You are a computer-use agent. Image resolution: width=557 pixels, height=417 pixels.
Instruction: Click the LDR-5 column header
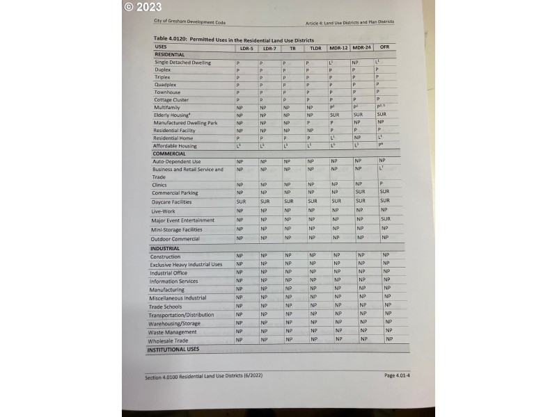tap(246, 48)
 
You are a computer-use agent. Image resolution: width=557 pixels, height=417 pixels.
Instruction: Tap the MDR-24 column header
tap(361, 47)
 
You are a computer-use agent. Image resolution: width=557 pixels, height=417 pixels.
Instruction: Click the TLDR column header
tap(315, 48)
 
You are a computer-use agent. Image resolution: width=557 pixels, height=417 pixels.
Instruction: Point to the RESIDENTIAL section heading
tap(169, 54)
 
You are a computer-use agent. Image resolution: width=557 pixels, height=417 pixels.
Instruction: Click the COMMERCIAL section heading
tap(169, 154)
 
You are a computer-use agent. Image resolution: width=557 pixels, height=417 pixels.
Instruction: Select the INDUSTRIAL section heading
tap(165, 248)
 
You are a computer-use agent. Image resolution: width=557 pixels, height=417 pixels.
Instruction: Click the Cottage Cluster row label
tap(171, 100)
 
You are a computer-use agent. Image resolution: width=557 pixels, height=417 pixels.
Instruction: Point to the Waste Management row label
tap(172, 332)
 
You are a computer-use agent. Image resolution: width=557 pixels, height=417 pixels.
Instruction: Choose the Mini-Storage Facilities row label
tap(177, 229)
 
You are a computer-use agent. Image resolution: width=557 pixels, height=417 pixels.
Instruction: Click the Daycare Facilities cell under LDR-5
tap(241, 202)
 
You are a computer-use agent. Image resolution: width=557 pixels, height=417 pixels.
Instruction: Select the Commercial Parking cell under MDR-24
tap(359, 192)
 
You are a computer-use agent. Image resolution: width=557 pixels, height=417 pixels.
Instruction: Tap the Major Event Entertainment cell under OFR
tap(385, 219)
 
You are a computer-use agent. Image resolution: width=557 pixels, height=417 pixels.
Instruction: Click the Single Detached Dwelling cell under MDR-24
tap(355, 63)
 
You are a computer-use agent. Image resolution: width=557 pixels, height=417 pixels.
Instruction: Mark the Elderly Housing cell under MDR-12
tap(334, 115)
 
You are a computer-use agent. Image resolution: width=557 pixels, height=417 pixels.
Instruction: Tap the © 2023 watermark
tap(143, 7)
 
